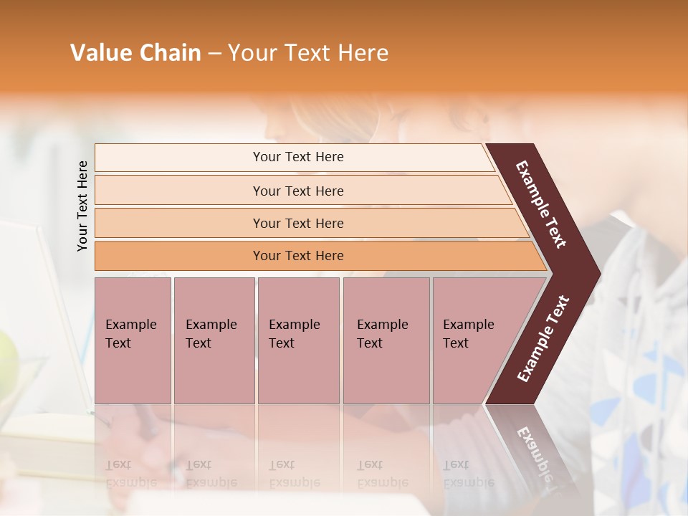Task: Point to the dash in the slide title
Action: (214, 54)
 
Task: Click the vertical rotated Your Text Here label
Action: (82, 206)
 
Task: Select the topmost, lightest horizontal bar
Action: (297, 157)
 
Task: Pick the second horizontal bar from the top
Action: (297, 191)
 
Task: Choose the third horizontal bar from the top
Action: (297, 223)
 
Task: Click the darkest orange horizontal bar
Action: (297, 256)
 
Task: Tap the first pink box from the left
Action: (133, 340)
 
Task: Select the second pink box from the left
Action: (214, 340)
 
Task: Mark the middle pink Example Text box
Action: (298, 340)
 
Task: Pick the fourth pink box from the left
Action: (386, 340)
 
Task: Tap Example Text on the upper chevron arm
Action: (541, 204)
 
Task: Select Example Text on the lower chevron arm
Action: (543, 338)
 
